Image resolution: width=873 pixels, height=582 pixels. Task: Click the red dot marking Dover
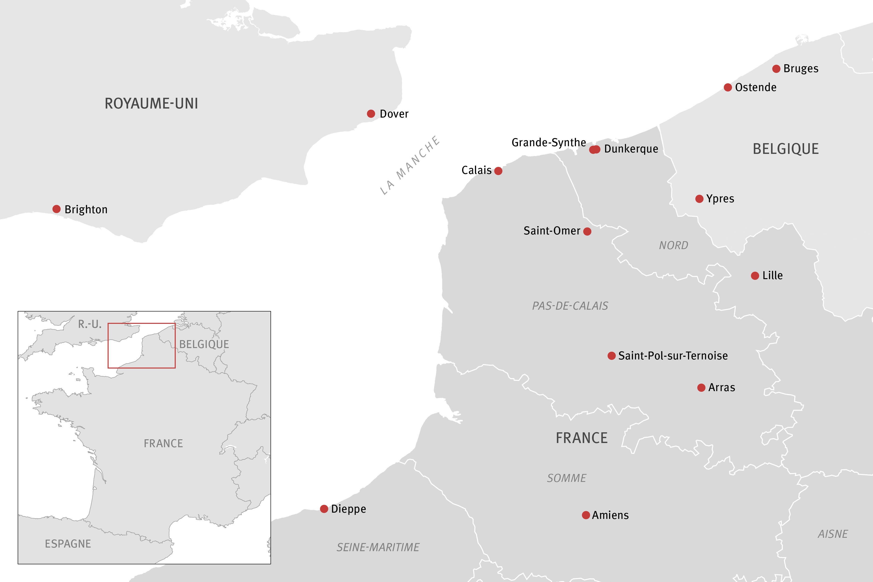pyautogui.click(x=371, y=114)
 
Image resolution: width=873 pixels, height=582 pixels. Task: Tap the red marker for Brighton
pyautogui.click(x=56, y=209)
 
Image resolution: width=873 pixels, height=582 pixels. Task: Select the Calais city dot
pyautogui.click(x=498, y=171)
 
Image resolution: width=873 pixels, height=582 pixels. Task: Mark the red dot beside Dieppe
pyautogui.click(x=324, y=508)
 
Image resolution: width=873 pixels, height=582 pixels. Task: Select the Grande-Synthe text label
pyautogui.click(x=549, y=142)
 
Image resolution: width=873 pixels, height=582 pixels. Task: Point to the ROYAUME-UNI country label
pyautogui.click(x=152, y=104)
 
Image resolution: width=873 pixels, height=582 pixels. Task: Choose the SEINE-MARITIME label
pyautogui.click(x=378, y=547)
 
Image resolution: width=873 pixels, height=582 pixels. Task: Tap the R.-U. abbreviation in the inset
pyautogui.click(x=89, y=324)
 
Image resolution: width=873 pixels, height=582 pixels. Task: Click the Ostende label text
pyautogui.click(x=756, y=88)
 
